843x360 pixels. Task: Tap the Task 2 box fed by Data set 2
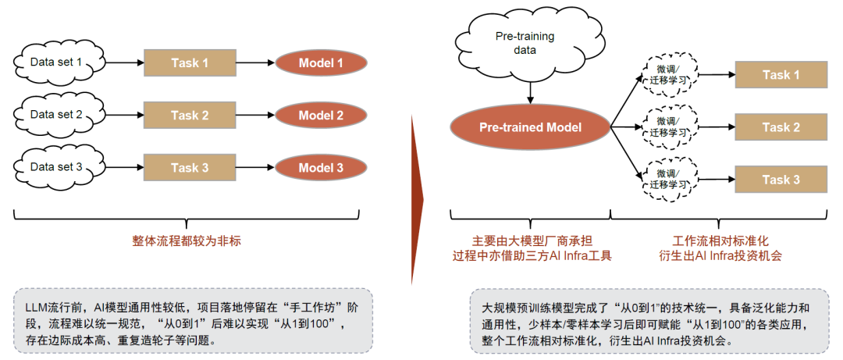(x=190, y=115)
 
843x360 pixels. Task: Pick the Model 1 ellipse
(x=322, y=63)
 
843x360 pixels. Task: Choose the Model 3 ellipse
(x=322, y=168)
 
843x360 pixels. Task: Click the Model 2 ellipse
(x=322, y=115)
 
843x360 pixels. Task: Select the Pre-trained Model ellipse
(x=531, y=127)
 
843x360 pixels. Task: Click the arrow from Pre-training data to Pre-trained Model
(x=531, y=92)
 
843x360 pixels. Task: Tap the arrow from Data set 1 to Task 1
(x=124, y=63)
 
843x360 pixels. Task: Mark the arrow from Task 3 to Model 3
(x=255, y=168)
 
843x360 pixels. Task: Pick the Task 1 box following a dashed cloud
(x=781, y=75)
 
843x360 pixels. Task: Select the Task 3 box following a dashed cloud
(x=781, y=180)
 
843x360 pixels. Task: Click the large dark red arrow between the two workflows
(x=417, y=200)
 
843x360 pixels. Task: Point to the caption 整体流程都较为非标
(x=187, y=241)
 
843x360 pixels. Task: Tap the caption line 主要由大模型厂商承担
(x=529, y=241)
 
